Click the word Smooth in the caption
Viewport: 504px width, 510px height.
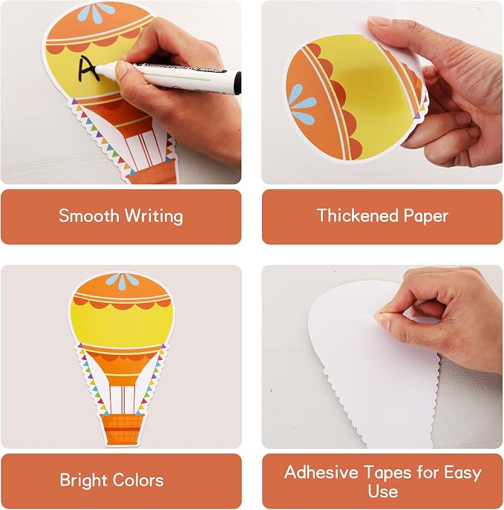click(x=89, y=215)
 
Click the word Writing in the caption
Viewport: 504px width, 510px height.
click(x=154, y=217)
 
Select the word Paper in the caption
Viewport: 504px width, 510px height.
click(x=425, y=217)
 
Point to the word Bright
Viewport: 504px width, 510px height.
click(x=84, y=481)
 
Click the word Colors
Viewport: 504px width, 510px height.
click(x=138, y=480)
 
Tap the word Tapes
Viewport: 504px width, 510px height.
click(x=387, y=473)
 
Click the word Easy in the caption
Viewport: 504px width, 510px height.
click(x=462, y=473)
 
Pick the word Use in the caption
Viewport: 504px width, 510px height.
click(x=383, y=491)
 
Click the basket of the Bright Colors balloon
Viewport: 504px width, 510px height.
click(x=122, y=429)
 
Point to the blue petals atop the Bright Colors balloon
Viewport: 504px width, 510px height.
click(x=122, y=281)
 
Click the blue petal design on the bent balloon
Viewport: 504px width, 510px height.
click(x=301, y=105)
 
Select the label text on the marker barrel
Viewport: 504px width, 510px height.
click(x=182, y=68)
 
